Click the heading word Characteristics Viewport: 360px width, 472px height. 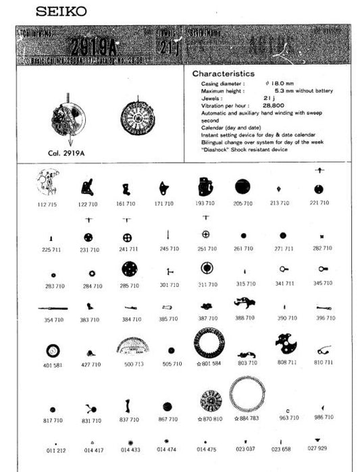223,73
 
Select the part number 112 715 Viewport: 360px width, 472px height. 51,203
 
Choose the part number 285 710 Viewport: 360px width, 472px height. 129,286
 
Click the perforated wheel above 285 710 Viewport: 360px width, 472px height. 128,269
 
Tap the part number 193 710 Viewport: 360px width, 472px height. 206,203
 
